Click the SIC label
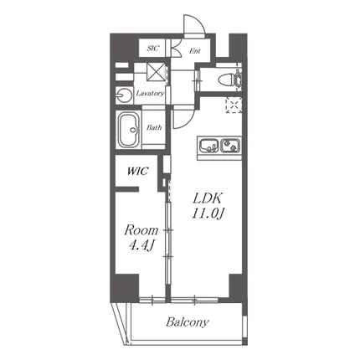pos(152,49)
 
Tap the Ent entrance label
pos(195,51)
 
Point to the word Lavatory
pos(150,93)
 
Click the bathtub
pos(129,130)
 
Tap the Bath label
pos(154,127)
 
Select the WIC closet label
pos(137,171)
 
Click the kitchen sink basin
pos(208,145)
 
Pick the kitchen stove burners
pos(230,145)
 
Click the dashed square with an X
pos(234,105)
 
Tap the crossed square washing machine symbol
pos(157,72)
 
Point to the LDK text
pos(208,198)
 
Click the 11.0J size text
pos(208,213)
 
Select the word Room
pos(141,230)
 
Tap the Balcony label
pos(188,322)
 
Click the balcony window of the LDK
pos(194,300)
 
